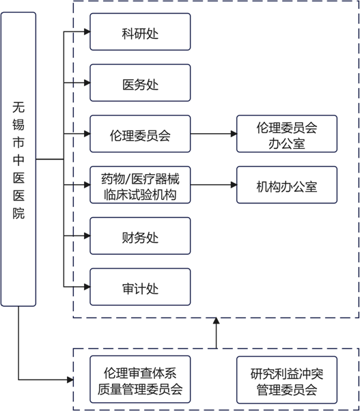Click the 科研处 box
[140, 31]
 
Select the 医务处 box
[140, 83]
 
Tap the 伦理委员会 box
[140, 134]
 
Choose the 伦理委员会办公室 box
[287, 134]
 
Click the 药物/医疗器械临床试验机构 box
[140, 185]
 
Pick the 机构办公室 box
[287, 185]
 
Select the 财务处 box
[140, 236]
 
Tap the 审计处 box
[140, 287]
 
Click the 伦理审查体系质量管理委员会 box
[140, 380]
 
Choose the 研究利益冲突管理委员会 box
[287, 380]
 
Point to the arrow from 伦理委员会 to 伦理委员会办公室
[213, 134]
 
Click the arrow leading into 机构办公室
[213, 185]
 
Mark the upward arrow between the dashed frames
[216, 333]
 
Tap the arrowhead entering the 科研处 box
[87, 31]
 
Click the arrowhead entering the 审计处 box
[87, 287]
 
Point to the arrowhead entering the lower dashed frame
[70, 380]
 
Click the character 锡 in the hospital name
[18, 124]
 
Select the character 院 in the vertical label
[18, 213]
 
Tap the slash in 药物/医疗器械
[128, 179]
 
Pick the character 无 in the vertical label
[18, 107]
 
